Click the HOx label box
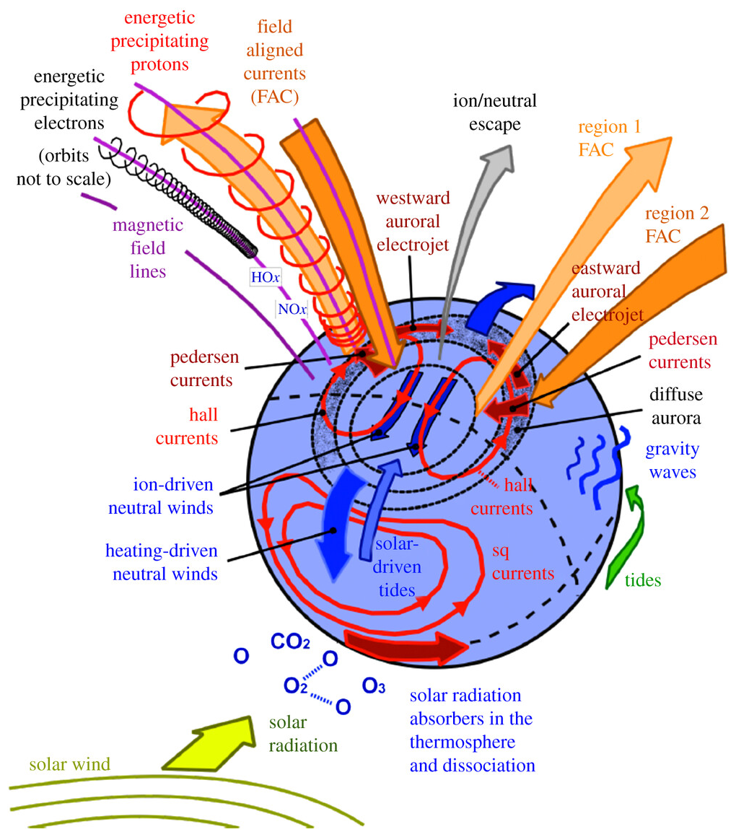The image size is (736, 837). point(265,276)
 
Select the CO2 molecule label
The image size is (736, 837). point(291,641)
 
